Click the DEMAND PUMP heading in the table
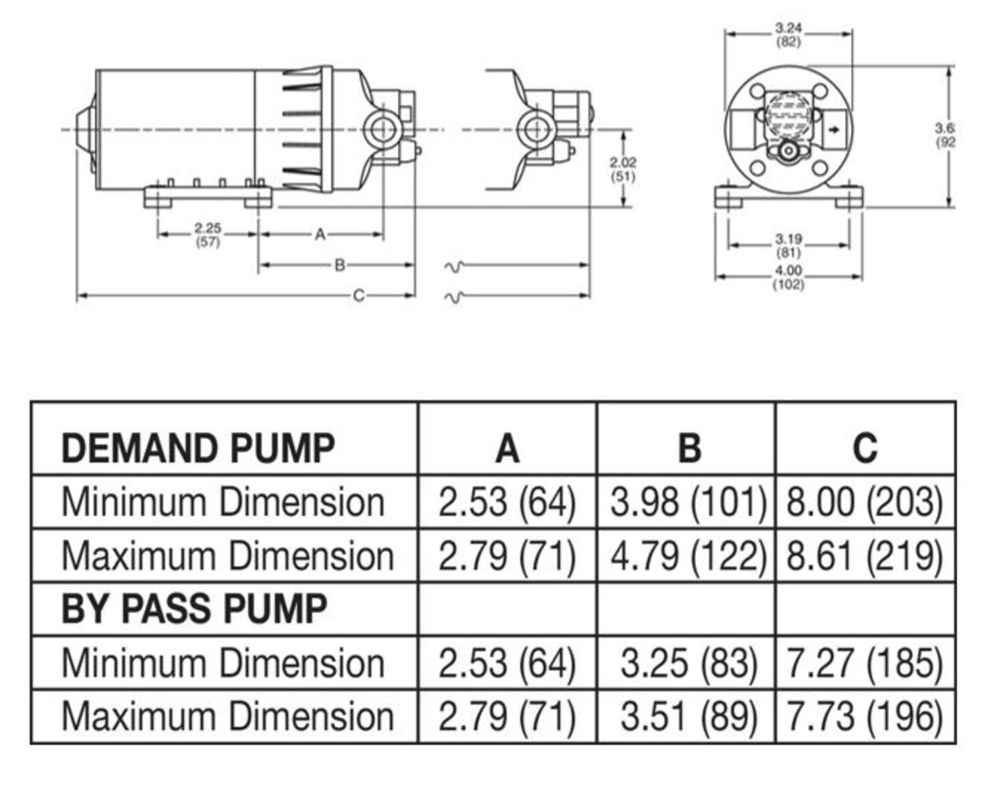pyautogui.click(x=197, y=448)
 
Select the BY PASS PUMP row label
pyautogui.click(x=194, y=609)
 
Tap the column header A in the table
pyautogui.click(x=507, y=448)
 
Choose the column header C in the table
pyautogui.click(x=865, y=448)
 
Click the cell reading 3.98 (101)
pyautogui.click(x=687, y=502)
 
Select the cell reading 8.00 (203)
pyautogui.click(x=865, y=502)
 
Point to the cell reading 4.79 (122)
pyautogui.click(x=687, y=556)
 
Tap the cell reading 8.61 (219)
pyautogui.click(x=865, y=556)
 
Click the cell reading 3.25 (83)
pyautogui.click(x=689, y=663)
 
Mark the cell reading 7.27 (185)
pyautogui.click(x=865, y=663)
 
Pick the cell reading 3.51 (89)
pyautogui.click(x=689, y=716)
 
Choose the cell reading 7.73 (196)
pyautogui.click(x=865, y=716)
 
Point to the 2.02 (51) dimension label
pyautogui.click(x=623, y=169)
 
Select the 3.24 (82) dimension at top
pyautogui.click(x=788, y=35)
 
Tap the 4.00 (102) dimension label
pyautogui.click(x=788, y=277)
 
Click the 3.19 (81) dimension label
pyautogui.click(x=788, y=245)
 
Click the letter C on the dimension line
pyautogui.click(x=358, y=295)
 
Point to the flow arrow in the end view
pyautogui.click(x=833, y=130)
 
